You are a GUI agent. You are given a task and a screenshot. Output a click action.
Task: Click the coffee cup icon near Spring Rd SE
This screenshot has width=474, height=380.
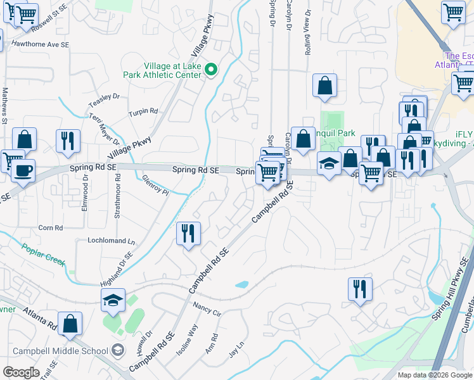(23, 171)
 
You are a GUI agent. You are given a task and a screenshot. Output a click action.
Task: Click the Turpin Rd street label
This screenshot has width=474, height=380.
(143, 111)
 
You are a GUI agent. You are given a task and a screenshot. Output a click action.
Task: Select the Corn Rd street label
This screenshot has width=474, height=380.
(51, 227)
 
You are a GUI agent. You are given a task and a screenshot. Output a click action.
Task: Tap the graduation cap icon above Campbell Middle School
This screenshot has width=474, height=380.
(112, 300)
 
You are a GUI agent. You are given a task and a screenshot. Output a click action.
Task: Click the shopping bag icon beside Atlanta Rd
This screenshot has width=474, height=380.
(70, 323)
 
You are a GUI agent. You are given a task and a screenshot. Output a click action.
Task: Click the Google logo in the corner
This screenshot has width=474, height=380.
(21, 372)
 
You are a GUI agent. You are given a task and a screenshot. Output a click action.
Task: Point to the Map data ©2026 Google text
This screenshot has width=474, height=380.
(434, 375)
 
